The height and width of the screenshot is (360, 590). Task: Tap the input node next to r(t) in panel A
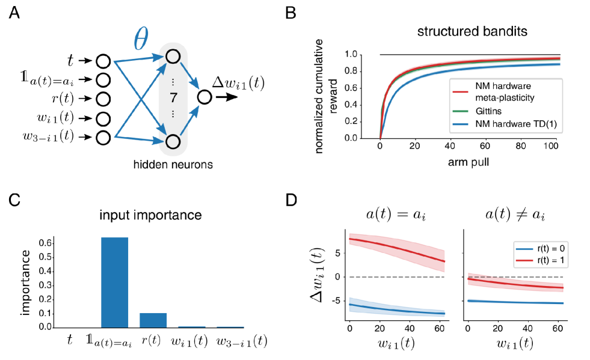point(103,99)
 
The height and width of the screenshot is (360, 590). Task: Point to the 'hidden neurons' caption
point(174,163)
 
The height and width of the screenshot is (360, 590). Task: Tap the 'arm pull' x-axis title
point(469,163)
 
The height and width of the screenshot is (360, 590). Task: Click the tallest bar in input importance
point(114,282)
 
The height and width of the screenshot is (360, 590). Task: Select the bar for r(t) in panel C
point(152,320)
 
